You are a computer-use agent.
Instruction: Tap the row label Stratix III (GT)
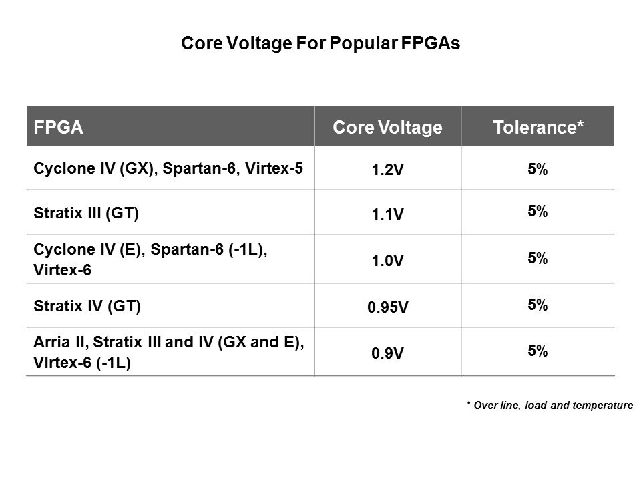pos(86,214)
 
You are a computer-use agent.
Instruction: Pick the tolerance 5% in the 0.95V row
pos(538,305)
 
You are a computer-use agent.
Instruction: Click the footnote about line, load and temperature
pos(549,404)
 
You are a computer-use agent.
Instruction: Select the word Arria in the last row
pos(49,343)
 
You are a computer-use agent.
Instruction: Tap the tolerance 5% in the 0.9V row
pos(538,351)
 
